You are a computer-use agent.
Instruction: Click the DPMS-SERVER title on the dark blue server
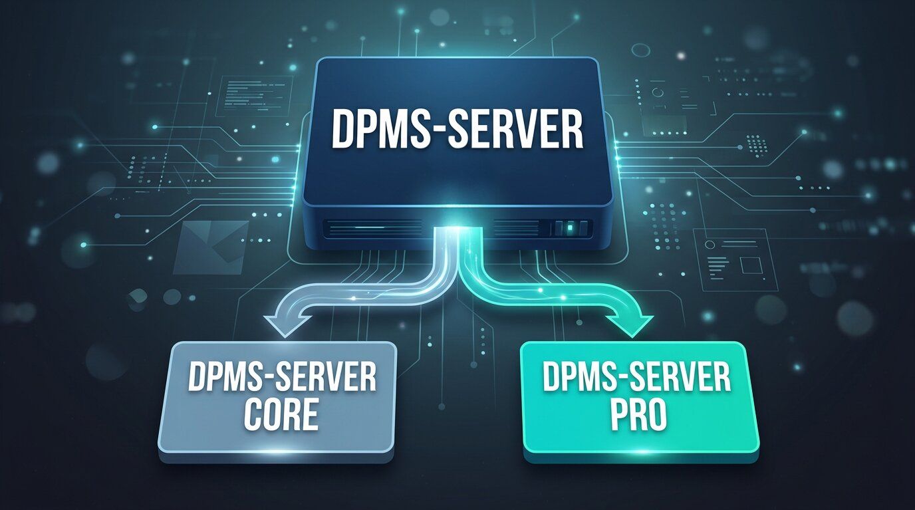pos(457,129)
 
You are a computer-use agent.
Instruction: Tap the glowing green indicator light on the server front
pos(571,227)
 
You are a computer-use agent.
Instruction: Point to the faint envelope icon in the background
pos(211,247)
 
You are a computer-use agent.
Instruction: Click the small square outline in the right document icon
pos(751,265)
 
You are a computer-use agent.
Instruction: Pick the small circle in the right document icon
pos(710,244)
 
